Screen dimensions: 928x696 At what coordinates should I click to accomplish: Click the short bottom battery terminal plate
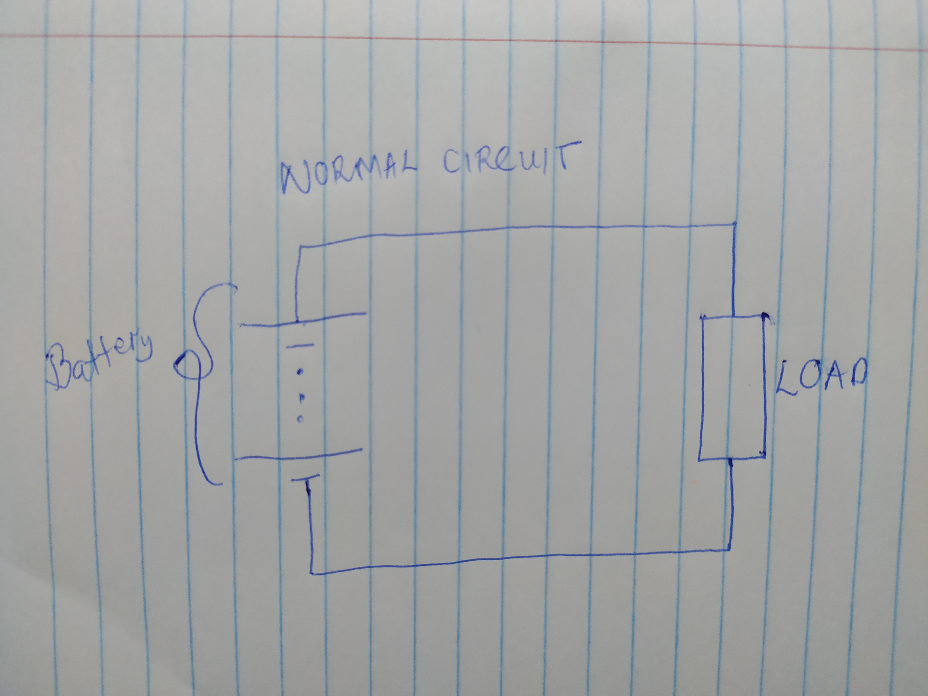point(305,478)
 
